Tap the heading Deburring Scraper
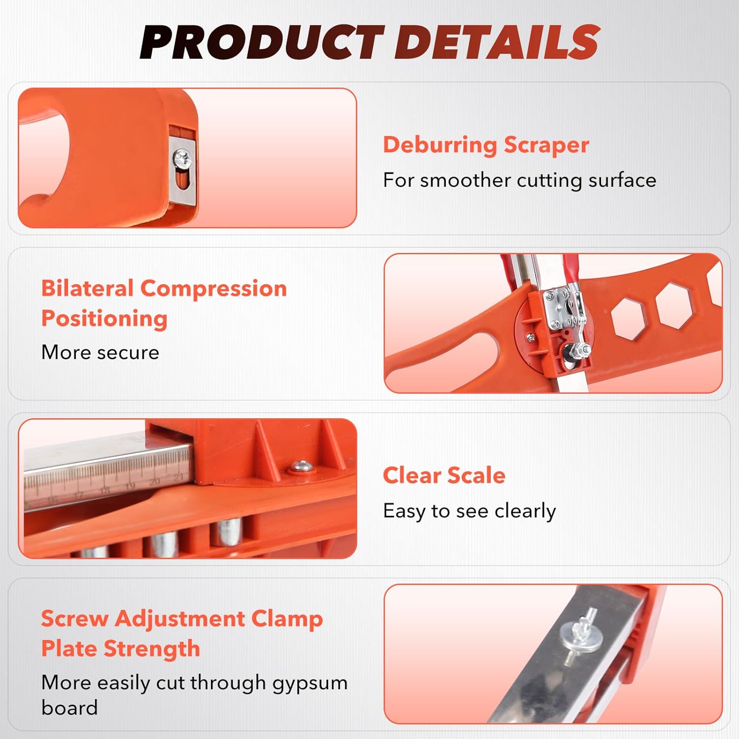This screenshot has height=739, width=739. click(x=486, y=145)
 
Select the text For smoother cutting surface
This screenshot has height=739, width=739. click(x=519, y=180)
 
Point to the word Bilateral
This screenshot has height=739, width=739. click(x=87, y=289)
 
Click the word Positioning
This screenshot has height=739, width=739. click(x=104, y=319)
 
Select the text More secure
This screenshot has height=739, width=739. click(x=100, y=353)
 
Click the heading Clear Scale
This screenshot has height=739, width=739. click(x=444, y=476)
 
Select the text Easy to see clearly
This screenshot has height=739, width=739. click(x=469, y=511)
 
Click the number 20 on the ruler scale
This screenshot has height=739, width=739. click(x=154, y=481)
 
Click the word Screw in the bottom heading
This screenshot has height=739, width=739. click(x=74, y=619)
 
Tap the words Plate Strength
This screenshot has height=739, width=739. click(x=121, y=649)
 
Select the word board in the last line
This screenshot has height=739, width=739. click(x=69, y=708)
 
